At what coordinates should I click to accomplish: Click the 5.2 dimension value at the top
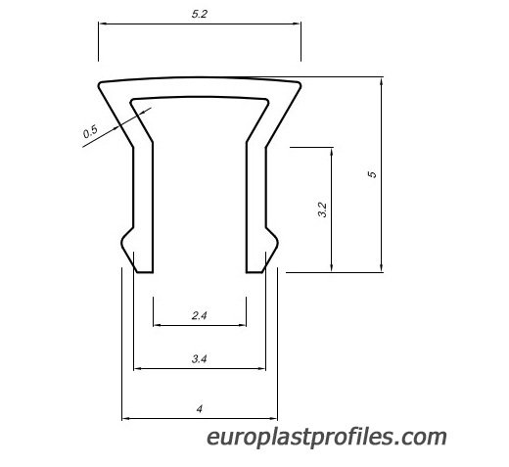click(200, 14)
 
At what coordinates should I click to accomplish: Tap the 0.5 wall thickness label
click(90, 131)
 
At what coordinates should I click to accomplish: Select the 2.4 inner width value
click(199, 315)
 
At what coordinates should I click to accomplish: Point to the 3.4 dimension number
click(199, 359)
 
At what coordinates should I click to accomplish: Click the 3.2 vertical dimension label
click(322, 210)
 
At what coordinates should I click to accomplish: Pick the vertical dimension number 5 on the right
click(372, 174)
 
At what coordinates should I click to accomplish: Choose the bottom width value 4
click(200, 408)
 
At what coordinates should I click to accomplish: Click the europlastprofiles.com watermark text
click(327, 438)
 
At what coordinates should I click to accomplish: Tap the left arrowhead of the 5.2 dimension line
click(103, 23)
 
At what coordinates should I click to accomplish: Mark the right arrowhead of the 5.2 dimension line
click(297, 23)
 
